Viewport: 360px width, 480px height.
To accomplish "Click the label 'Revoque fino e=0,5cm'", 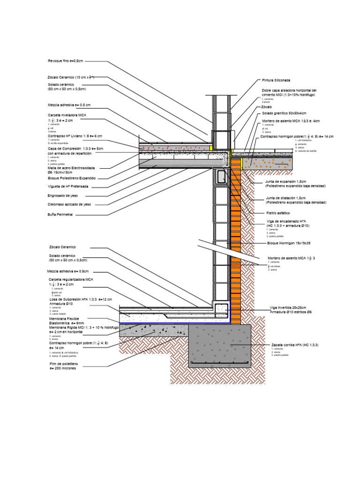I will [66, 61].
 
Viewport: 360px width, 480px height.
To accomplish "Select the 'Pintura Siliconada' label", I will [276, 80].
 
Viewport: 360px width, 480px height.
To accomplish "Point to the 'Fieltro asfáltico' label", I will [278, 213].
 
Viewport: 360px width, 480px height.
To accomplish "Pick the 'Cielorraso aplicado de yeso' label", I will [69, 205].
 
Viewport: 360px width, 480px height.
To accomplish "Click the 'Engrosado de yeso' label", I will [63, 195].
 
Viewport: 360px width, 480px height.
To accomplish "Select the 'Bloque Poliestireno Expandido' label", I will [71, 178].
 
